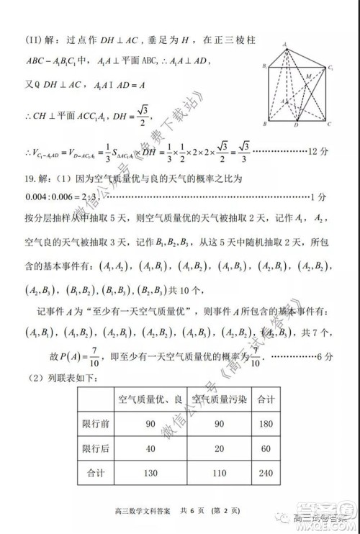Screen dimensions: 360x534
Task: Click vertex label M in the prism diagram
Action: tap(309, 76)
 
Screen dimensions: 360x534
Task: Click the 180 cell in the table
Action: tap(265, 424)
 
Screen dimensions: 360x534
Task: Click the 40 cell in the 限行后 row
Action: tap(150, 448)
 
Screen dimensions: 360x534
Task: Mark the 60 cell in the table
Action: tap(265, 448)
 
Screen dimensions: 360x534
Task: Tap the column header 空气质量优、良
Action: tap(150, 399)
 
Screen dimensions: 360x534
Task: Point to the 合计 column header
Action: tap(265, 399)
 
